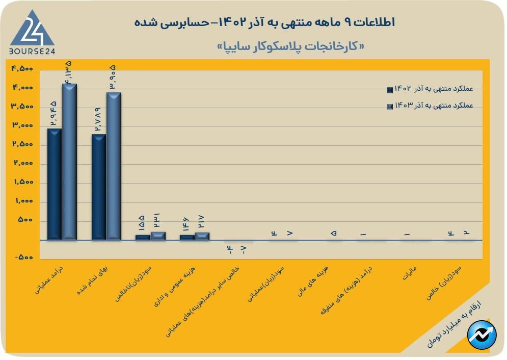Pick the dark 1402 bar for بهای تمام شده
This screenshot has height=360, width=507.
pyautogui.click(x=99, y=187)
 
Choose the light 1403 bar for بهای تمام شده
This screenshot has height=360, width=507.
pyautogui.click(x=114, y=166)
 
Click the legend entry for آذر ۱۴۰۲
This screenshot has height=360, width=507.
pyautogui.click(x=431, y=90)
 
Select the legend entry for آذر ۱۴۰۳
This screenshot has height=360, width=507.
pyautogui.click(x=431, y=106)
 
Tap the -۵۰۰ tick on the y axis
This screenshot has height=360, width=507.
pyautogui.click(x=22, y=258)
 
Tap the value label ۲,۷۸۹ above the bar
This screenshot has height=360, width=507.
pyautogui.click(x=98, y=120)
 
